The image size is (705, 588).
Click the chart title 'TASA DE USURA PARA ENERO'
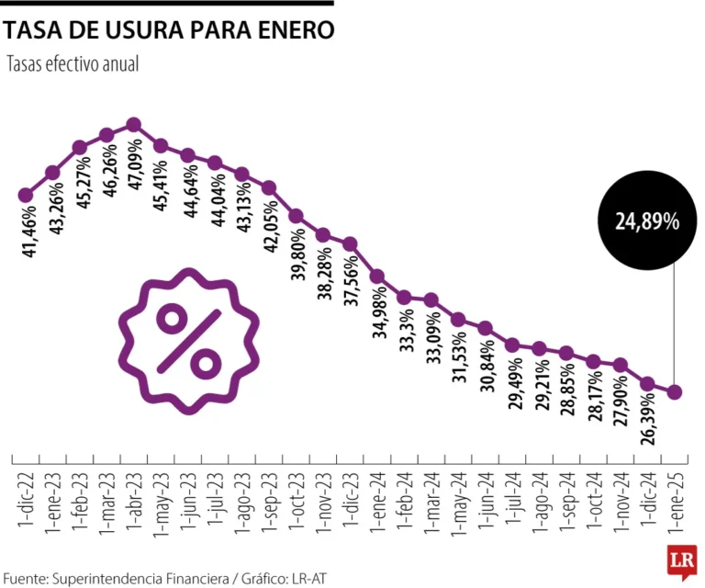pyautogui.click(x=169, y=31)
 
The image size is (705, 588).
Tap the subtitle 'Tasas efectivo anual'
pyautogui.click(x=73, y=66)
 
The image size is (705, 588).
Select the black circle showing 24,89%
pyautogui.click(x=647, y=220)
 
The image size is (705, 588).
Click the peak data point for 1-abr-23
pyautogui.click(x=133, y=124)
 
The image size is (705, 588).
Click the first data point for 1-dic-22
pyautogui.click(x=25, y=195)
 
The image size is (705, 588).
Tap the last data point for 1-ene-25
pyautogui.click(x=675, y=392)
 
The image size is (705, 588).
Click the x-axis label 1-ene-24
pyautogui.click(x=377, y=497)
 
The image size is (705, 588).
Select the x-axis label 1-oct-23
pyautogui.click(x=296, y=497)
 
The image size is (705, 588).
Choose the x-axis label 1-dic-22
pyautogui.click(x=25, y=497)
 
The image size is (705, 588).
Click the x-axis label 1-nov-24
pyautogui.click(x=621, y=497)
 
